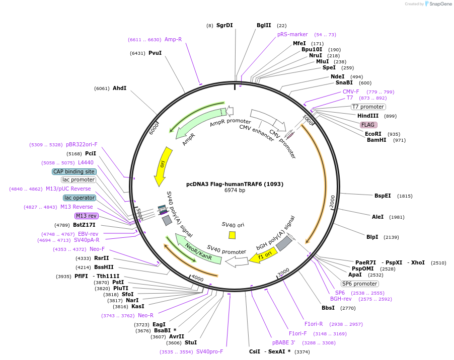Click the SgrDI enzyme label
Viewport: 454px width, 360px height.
[x=224, y=25]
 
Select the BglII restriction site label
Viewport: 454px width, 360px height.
[x=264, y=25]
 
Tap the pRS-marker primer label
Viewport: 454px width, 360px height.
[x=292, y=34]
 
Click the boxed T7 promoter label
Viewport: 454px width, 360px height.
[x=368, y=107]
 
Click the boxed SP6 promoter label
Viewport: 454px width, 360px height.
[x=359, y=284]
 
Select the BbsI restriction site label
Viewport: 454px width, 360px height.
[x=328, y=308]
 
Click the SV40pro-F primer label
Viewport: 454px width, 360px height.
[x=209, y=351]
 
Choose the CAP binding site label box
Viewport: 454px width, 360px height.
[x=74, y=171]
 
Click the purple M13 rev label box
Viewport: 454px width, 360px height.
[x=86, y=216]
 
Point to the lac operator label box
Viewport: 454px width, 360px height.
[x=80, y=198]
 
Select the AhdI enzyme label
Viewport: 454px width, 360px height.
[x=120, y=88]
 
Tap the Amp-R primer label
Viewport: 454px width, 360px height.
[x=173, y=39]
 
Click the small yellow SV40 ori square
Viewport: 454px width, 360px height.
[x=232, y=235]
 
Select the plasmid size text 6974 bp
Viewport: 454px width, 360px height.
[x=235, y=191]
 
